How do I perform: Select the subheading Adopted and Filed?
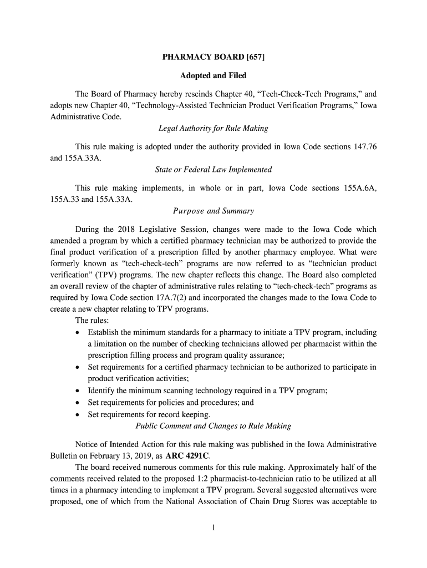(x=213, y=75)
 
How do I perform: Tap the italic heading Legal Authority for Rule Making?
(x=213, y=128)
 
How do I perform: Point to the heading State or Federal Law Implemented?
(x=213, y=169)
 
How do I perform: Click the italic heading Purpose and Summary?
(x=213, y=211)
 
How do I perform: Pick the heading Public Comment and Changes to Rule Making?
(x=213, y=426)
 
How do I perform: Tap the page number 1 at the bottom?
(x=213, y=528)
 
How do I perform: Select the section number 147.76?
(x=363, y=146)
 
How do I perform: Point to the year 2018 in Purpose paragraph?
(x=124, y=229)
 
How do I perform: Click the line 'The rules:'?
(x=91, y=321)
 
